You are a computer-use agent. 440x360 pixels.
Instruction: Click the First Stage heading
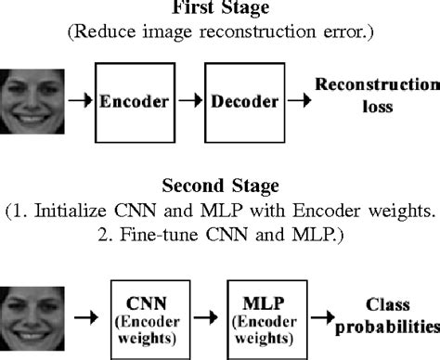[x=219, y=9]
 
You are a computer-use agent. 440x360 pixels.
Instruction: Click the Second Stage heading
[x=220, y=184]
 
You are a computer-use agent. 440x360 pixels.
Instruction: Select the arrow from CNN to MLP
[x=207, y=318]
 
